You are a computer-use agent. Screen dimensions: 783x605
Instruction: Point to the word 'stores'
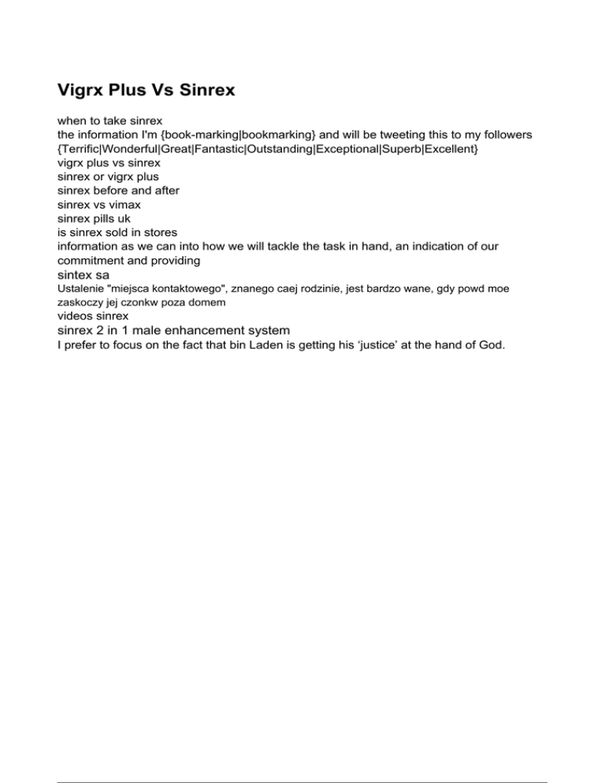coord(159,232)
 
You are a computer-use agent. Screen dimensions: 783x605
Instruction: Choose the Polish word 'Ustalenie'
coord(80,289)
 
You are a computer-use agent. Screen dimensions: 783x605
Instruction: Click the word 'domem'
coord(209,302)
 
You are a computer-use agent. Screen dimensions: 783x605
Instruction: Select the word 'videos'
coord(76,316)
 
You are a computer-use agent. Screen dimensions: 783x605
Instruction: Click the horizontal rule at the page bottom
coord(302,760)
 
